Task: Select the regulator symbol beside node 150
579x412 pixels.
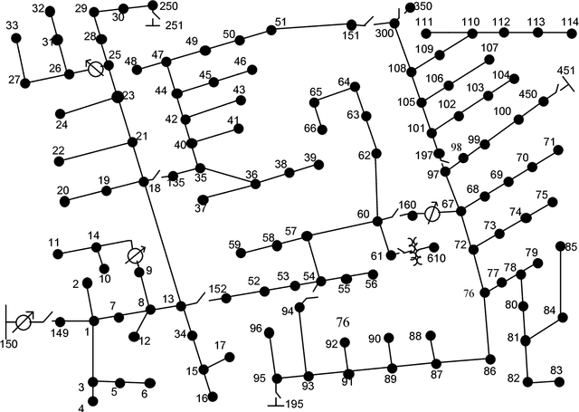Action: [25, 320]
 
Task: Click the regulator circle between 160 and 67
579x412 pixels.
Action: [432, 215]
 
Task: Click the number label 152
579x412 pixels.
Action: [218, 289]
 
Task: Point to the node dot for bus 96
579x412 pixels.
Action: [269, 331]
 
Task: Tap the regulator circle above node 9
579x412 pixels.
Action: [136, 254]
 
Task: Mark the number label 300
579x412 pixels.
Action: [384, 33]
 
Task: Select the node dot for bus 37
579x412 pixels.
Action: [202, 198]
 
